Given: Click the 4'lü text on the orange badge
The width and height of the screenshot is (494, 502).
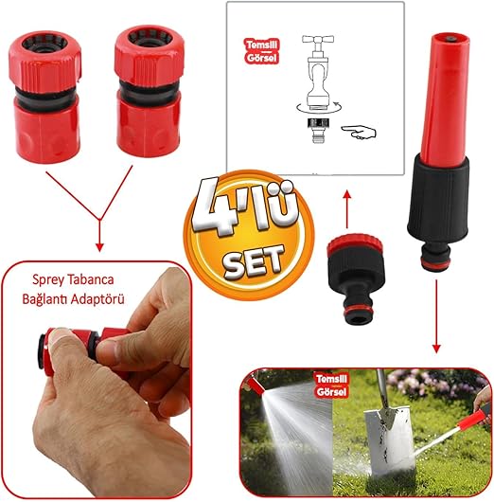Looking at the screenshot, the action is (x=245, y=207).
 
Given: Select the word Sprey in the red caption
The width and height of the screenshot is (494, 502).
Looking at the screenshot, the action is (x=47, y=280).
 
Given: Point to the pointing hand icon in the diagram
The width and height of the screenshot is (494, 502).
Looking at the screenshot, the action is (x=359, y=133).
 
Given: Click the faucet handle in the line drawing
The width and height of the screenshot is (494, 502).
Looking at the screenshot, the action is (x=318, y=40).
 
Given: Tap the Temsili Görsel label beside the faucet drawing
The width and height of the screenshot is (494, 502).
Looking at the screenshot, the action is (x=262, y=51).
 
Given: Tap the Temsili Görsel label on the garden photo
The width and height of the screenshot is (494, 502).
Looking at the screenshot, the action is (x=331, y=385).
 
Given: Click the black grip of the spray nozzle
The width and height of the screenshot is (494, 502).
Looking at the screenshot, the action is (x=439, y=199).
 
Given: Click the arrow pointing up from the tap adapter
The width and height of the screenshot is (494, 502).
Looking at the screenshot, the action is (x=347, y=208).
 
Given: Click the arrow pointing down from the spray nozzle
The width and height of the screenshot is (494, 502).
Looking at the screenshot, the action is (x=436, y=316).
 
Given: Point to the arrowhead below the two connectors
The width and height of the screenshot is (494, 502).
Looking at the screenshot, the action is (x=99, y=247).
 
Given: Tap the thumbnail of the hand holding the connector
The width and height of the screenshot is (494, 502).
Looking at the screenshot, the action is (x=97, y=381).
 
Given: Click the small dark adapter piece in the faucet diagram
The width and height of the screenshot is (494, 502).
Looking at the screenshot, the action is (x=318, y=123).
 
